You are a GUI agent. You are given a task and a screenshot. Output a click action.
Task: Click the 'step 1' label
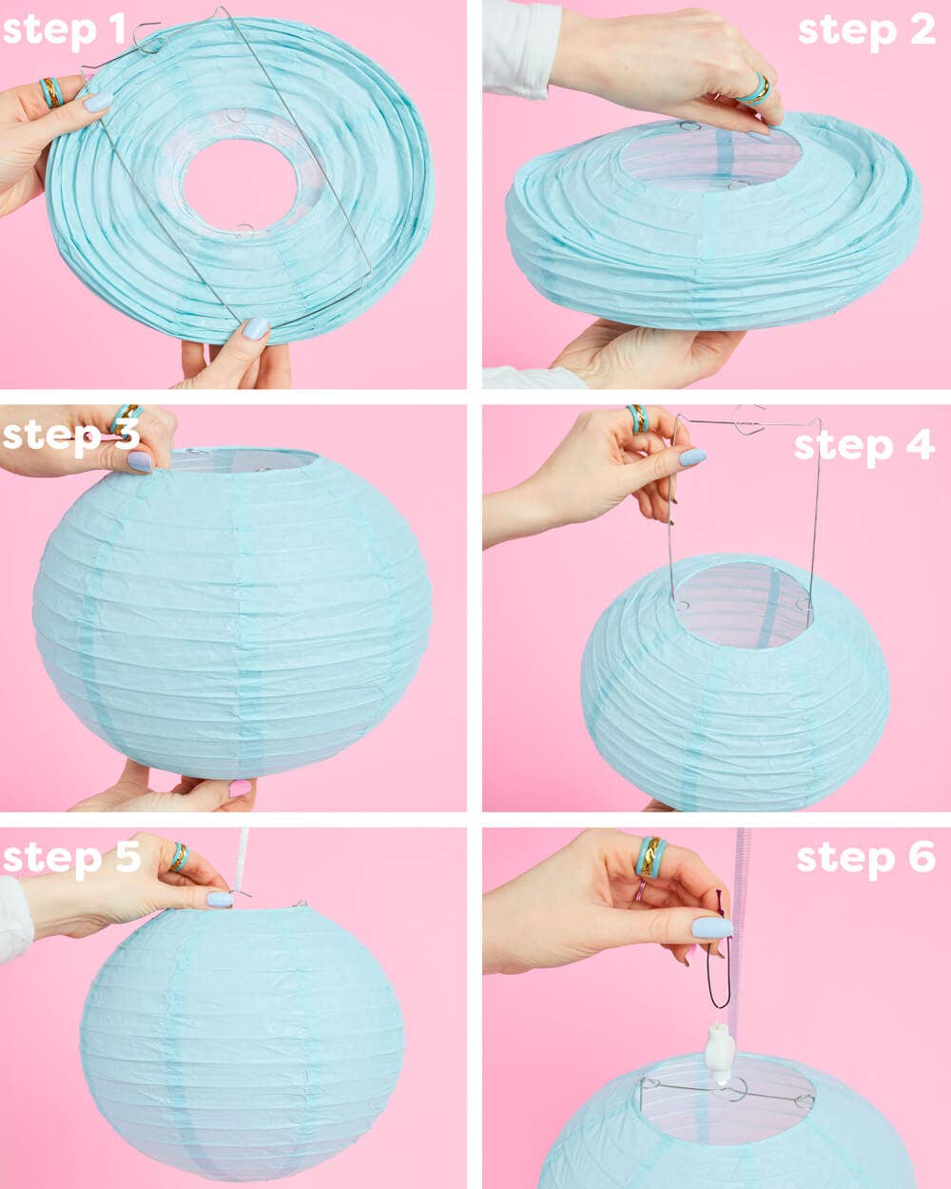64,30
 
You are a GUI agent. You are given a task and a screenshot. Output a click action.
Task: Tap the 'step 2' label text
865,30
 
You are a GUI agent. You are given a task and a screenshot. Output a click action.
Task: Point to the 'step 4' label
864,445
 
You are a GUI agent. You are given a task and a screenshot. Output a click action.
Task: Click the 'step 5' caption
71,857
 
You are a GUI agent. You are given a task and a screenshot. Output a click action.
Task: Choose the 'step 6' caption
865,857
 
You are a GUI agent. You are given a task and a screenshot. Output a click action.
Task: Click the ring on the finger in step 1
51,92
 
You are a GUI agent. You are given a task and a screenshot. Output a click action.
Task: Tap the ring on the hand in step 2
756,89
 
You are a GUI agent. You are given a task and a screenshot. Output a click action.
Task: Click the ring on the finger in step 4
636,418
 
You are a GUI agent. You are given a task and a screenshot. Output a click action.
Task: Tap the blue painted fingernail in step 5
220,899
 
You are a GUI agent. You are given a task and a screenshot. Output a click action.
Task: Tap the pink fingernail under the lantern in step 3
240,789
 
